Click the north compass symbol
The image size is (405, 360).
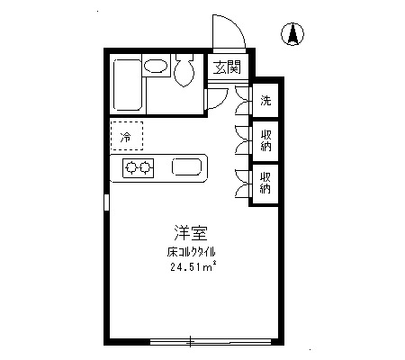tap(292, 34)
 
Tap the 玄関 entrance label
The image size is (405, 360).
tap(227, 67)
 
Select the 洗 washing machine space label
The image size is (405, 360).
tap(265, 100)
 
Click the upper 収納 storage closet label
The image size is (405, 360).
tap(265, 140)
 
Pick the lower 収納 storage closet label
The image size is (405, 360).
tap(265, 183)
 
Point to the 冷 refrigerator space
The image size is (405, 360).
tap(127, 136)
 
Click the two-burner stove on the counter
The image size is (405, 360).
tap(139, 168)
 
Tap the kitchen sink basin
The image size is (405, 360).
tap(186, 166)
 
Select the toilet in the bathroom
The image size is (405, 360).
tap(184, 70)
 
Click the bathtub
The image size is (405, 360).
tap(128, 85)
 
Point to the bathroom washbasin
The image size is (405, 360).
tap(155, 66)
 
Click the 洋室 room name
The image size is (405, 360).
tap(191, 233)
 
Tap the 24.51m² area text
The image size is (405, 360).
tap(193, 266)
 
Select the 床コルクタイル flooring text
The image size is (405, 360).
tap(191, 252)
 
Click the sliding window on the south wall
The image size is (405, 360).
tap(211, 341)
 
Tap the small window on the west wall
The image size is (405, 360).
tap(106, 202)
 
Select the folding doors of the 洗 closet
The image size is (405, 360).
tap(243, 100)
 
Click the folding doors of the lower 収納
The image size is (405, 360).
tap(242, 184)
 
